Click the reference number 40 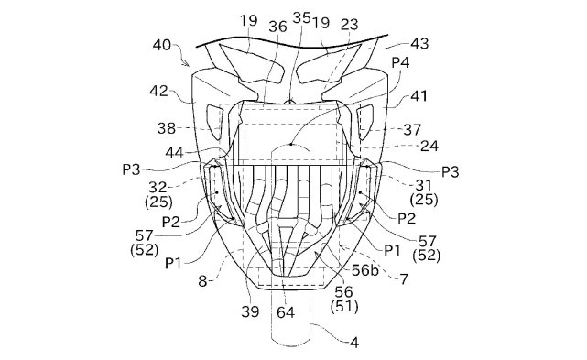(x=162, y=45)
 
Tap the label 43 (x=419, y=43)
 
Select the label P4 (x=400, y=62)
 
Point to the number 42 (x=158, y=91)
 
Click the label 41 (x=419, y=96)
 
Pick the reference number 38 (x=167, y=128)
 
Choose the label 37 (x=412, y=130)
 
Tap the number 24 (x=429, y=146)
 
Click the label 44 (x=175, y=152)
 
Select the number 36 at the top (x=277, y=27)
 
